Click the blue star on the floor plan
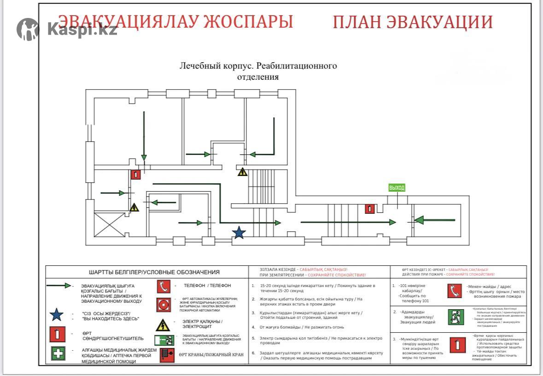[x=239, y=233]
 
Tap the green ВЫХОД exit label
[x=397, y=188]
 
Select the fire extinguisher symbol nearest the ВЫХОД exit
[x=369, y=209]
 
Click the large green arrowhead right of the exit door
[x=419, y=220]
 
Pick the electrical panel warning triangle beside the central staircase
[x=242, y=172]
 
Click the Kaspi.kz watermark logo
[x=67, y=29]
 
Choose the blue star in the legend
[x=56, y=315]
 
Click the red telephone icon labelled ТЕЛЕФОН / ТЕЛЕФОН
[x=163, y=287]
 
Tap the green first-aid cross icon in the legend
[x=58, y=353]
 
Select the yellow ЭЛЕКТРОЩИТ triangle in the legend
[x=163, y=325]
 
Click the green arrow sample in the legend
[x=58, y=286]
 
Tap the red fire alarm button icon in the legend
[x=163, y=305]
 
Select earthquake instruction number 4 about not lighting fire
[x=298, y=327]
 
